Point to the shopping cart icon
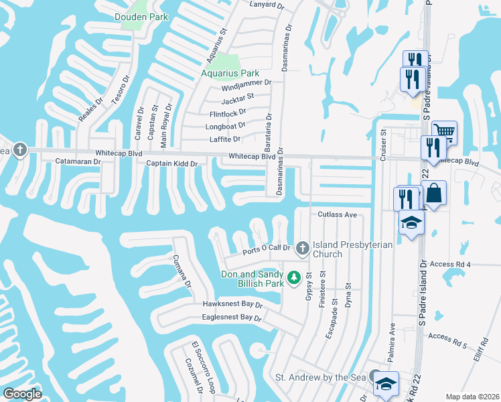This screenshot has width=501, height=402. coord(443,131)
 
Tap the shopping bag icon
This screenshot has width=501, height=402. coord(434,193)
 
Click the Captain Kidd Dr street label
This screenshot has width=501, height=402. coord(171,163)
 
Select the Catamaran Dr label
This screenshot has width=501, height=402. coord(78,161)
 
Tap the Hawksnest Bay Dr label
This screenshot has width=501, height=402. coord(232,304)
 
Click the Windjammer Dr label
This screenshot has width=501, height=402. coord(246,82)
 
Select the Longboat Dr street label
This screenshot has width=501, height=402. coord(227,125)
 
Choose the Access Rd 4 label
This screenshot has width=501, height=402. coord(451,265)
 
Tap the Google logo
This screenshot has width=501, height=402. coord(23,393)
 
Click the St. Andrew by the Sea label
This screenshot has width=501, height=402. coord(321,378)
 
